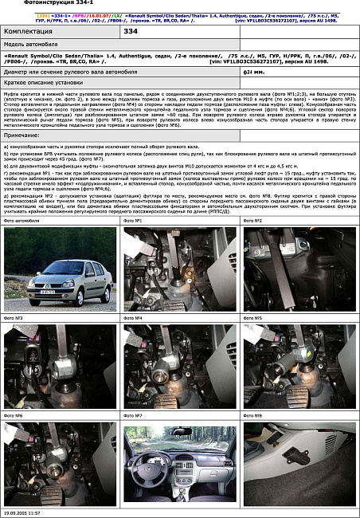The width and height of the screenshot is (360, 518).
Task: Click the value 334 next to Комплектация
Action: pos(131,31)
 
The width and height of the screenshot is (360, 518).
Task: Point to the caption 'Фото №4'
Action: pos(133,318)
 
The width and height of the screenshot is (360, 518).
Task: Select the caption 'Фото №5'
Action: pos(252,318)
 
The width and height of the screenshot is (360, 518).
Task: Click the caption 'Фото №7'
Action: pos(133,415)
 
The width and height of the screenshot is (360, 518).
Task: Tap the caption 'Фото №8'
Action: pos(252,415)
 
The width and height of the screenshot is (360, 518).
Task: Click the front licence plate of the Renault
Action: pos(45,292)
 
